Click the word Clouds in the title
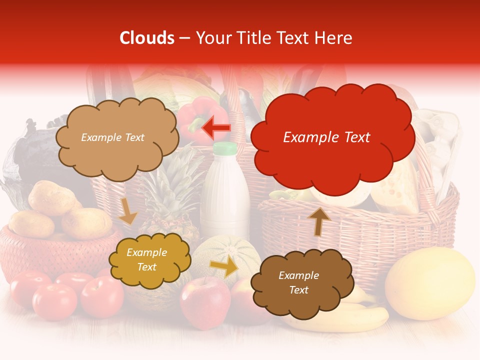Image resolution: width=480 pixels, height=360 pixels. [x=146, y=38]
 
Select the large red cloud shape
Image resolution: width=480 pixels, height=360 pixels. [x=332, y=137]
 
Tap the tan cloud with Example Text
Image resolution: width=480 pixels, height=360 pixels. [x=116, y=137]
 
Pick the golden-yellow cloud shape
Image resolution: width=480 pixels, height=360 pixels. [x=149, y=260]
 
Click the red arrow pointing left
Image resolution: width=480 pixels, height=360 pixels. [x=216, y=128]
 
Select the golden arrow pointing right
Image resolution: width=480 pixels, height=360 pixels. [x=224, y=266]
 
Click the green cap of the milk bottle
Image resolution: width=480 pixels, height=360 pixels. [x=224, y=148]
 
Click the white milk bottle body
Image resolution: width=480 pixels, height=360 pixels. [x=225, y=195]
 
